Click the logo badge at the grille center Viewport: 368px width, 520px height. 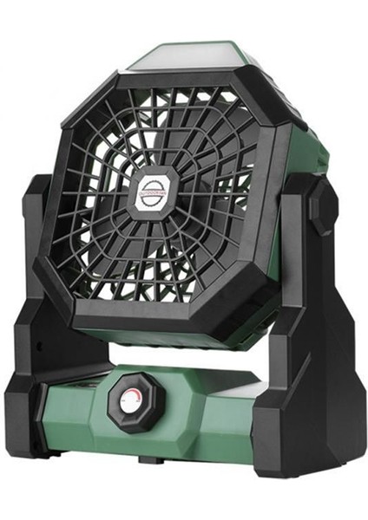(x=154, y=193)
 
